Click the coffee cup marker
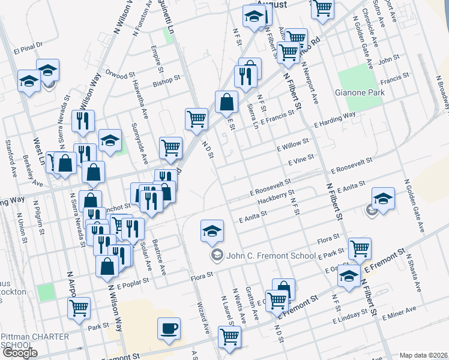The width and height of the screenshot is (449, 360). point(169,329)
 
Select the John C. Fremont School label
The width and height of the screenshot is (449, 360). point(269,256)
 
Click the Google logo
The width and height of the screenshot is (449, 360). point(20,353)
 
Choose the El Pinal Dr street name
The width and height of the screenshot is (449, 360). point(32,44)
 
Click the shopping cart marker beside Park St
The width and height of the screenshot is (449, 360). point(79,308)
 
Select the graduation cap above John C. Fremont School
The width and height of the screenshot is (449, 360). point(212,230)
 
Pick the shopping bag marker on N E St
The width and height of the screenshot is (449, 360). point(227,102)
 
